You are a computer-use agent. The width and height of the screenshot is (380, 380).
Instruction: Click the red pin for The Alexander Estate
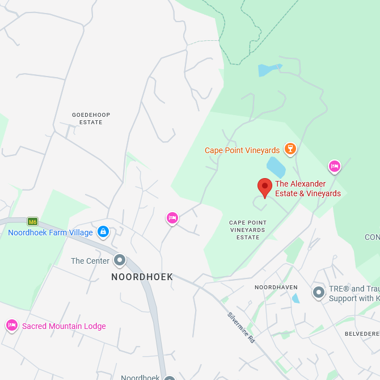pos(264,187)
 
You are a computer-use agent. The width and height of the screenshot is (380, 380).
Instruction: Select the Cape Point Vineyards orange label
pos(242,150)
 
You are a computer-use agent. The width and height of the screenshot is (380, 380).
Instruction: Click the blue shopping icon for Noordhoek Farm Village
pos(103,231)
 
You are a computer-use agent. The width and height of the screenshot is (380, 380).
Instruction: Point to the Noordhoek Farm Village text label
pos(50,233)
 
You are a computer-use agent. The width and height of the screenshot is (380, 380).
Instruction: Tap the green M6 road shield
pos(32,221)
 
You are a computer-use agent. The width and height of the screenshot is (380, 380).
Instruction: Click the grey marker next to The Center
pos(120,260)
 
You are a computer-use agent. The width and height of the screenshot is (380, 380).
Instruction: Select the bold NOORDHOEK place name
pos(142,277)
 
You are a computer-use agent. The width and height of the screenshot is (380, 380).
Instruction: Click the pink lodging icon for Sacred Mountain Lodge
pos(11,326)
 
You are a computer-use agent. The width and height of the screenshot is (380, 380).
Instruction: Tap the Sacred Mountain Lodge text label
pos(64,326)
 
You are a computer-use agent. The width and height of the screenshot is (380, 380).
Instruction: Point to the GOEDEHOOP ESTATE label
pos(91,119)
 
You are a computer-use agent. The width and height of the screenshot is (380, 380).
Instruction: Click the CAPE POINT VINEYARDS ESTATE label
pos(248,230)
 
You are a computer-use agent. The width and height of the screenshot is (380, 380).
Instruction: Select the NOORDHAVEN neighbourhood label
pos(276,288)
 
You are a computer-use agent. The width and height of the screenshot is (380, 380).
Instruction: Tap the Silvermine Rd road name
pos(242,327)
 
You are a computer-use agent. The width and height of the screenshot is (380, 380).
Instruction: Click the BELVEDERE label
pos(362,334)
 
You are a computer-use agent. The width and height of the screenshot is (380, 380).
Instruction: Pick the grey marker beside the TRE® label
pos(319,293)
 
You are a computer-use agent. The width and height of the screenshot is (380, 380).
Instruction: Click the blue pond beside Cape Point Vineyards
pos(276,167)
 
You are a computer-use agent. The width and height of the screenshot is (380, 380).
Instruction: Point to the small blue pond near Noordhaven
pos(295,298)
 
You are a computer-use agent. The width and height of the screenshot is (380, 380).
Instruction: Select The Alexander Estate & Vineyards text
pos(307,188)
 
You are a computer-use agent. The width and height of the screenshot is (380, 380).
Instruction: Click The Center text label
pos(90,261)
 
